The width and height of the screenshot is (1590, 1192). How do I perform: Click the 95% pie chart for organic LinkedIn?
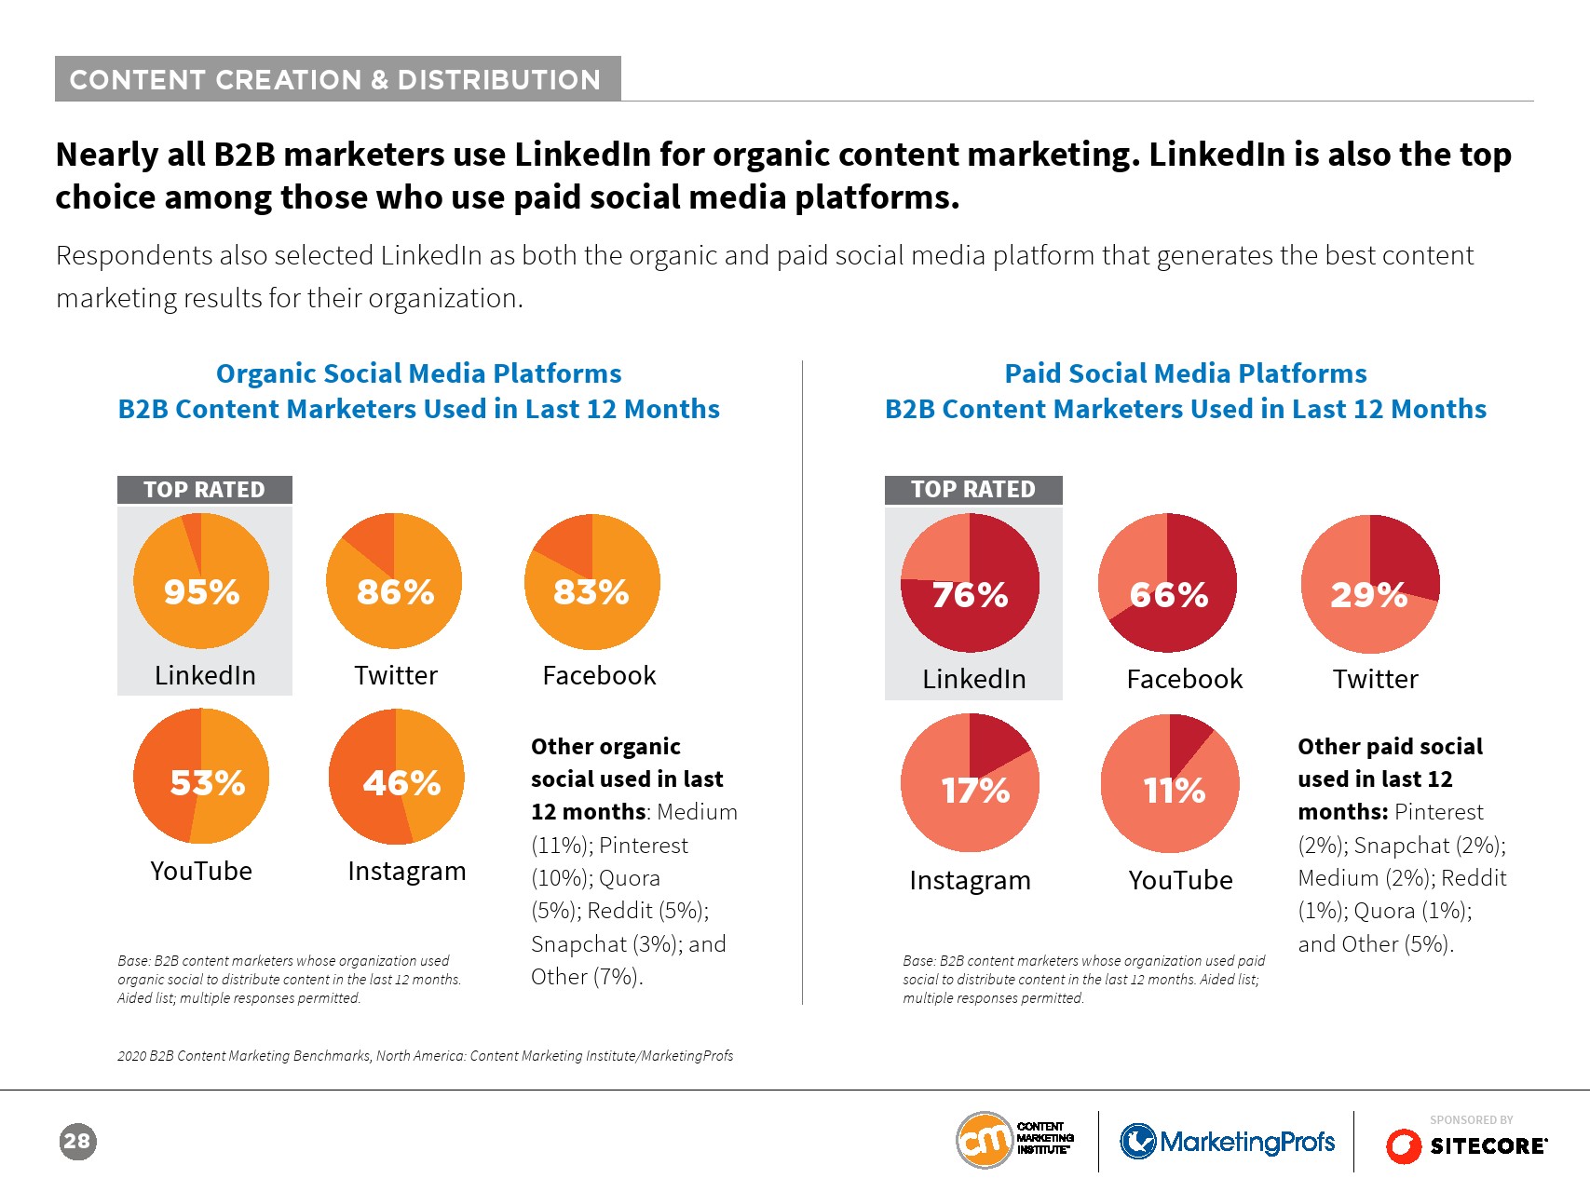201,581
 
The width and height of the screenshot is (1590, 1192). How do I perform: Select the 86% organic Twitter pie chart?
394,581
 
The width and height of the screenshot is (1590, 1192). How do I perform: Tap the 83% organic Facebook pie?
592,581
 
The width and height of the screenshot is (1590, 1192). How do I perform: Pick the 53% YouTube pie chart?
201,776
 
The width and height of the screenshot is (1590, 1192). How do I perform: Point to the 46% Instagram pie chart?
397,776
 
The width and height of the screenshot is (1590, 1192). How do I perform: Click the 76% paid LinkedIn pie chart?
970,583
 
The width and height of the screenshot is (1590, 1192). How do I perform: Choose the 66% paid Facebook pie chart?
1167,583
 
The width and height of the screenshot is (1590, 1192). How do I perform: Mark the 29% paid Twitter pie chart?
1370,583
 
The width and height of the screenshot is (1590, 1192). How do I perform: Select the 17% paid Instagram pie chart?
970,782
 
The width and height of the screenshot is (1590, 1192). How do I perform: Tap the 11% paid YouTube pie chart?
1170,782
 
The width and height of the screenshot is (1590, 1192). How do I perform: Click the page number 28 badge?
77,1142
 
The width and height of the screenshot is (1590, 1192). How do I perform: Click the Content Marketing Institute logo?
1015,1139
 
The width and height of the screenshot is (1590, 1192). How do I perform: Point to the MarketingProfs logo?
1228,1141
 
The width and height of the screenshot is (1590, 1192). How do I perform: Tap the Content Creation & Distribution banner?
337,79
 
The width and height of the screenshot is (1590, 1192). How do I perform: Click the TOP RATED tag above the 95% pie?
204,490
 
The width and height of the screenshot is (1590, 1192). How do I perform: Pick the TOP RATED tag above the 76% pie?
972,490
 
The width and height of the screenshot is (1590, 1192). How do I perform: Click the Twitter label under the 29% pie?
1375,679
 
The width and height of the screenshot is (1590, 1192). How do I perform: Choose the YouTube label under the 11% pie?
1180,880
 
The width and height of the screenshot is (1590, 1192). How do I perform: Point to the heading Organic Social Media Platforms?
418,373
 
